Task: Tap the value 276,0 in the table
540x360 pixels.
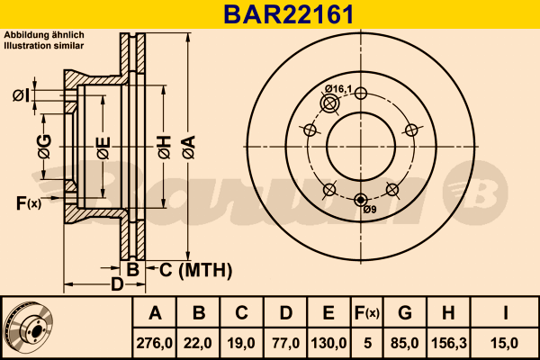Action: tap(155, 342)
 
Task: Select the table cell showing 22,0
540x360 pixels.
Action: tap(199, 342)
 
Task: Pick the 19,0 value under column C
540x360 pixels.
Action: tap(241, 342)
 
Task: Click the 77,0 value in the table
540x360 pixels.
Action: tap(284, 342)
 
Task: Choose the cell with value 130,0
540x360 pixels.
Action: tap(328, 342)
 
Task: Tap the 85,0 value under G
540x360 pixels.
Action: tap(405, 342)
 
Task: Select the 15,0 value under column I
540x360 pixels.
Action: tap(506, 342)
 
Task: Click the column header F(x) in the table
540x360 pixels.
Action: tap(366, 314)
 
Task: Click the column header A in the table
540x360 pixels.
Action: tap(155, 314)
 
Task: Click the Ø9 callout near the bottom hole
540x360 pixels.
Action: tap(369, 210)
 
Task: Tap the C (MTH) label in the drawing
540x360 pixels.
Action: tap(195, 268)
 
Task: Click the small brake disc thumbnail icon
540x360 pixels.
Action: tap(29, 326)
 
